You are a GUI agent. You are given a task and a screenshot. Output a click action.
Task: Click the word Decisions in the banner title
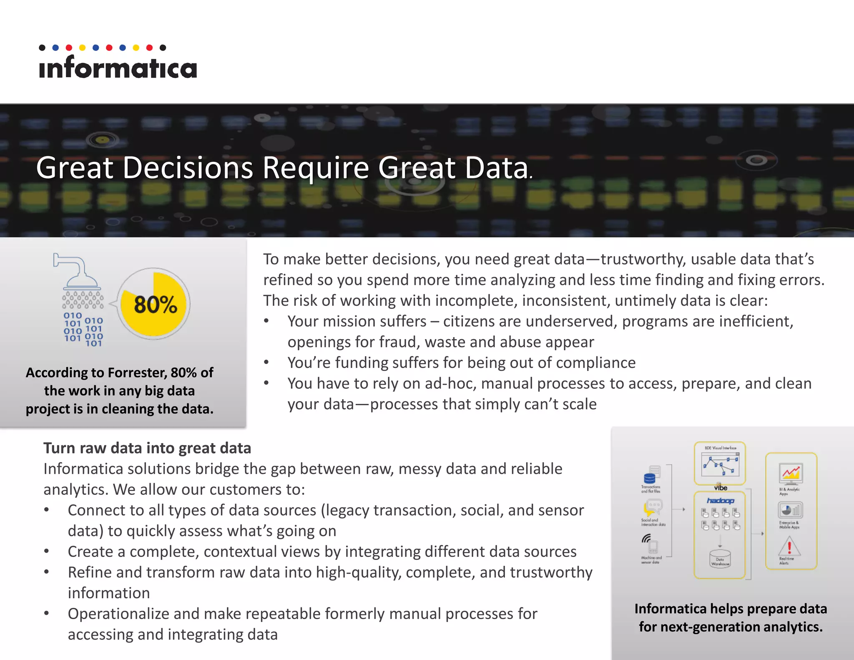tap(188, 168)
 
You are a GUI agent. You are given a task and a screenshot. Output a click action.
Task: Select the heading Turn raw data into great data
tap(147, 448)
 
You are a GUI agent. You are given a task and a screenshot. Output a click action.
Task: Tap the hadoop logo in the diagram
tap(720, 501)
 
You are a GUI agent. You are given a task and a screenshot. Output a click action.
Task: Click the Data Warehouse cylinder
tap(720, 559)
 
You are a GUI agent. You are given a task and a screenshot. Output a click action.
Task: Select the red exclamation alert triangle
tap(789, 547)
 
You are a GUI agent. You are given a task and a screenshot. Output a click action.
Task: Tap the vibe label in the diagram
tap(720, 488)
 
